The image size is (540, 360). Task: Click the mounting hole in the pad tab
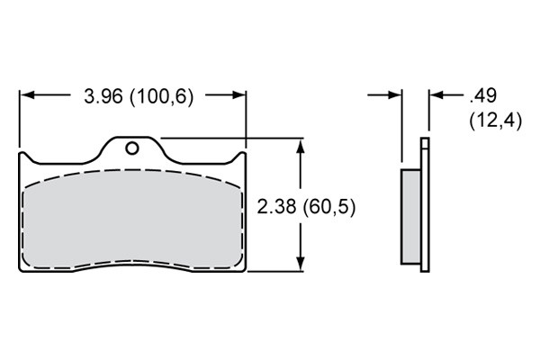tap(132, 148)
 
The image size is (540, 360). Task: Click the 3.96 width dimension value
tap(103, 96)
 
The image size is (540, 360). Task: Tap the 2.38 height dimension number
tap(276, 207)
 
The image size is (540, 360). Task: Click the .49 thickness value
tap(482, 95)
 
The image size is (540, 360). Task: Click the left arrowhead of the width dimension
tap(28, 94)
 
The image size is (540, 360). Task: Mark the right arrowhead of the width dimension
tap(238, 94)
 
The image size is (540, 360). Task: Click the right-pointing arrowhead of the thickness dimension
tap(394, 94)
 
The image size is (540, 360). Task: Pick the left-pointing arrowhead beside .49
tap(436, 94)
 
